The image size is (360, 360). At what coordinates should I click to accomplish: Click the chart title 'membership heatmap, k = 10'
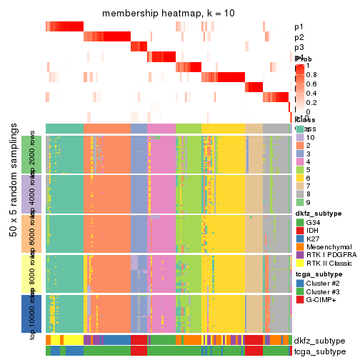click(168, 14)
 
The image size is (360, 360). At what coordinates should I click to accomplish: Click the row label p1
click(299, 27)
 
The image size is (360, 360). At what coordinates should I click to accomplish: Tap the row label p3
click(299, 47)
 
